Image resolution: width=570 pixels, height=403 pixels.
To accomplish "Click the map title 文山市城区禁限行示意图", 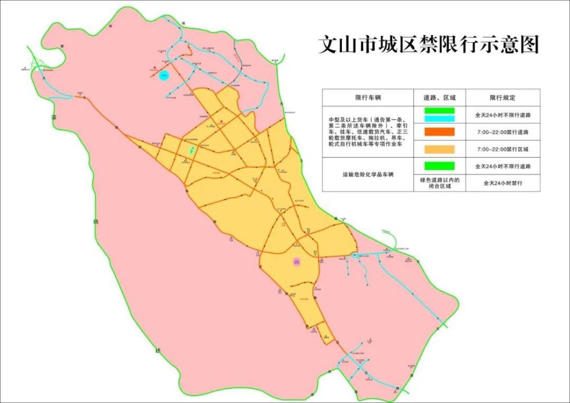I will [428, 44].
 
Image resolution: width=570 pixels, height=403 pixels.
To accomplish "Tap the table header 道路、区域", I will [439, 97].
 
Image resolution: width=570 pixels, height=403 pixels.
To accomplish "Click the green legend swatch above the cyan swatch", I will [439, 110].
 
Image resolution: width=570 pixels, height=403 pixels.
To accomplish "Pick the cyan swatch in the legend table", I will [439, 118].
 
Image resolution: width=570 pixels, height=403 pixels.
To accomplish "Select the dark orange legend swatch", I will [439, 132].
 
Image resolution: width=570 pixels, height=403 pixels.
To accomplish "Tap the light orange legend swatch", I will [439, 149].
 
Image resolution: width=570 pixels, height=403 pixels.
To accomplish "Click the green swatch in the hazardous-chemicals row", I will [439, 166].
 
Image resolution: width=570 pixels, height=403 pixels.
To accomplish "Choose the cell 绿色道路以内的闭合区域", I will [439, 184].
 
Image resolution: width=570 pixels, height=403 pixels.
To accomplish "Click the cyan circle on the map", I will [164, 75].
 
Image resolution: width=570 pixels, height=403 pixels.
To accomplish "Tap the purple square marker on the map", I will [296, 262].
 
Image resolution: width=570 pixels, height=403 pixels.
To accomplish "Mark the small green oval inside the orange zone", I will [192, 150].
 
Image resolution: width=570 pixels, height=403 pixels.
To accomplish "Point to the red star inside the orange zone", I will [222, 120].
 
